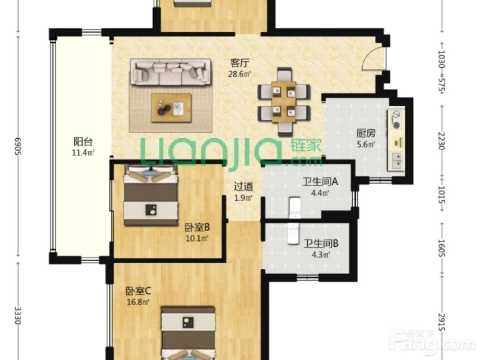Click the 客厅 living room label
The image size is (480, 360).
pyautogui.click(x=240, y=63)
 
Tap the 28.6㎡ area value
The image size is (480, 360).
pyautogui.click(x=240, y=74)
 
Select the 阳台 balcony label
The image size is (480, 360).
pyautogui.click(x=83, y=142)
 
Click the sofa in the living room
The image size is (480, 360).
pyautogui.click(x=170, y=72)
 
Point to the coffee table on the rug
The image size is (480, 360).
pyautogui.click(x=171, y=108)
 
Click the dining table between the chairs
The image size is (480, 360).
pyautogui.click(x=284, y=102)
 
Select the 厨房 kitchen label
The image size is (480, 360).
pyautogui.click(x=366, y=133)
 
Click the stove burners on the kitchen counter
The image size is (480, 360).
pyautogui.click(x=396, y=120)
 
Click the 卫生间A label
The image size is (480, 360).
pyautogui.click(x=320, y=182)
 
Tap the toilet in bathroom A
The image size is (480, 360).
pyautogui.click(x=295, y=207)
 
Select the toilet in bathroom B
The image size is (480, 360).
pyautogui.click(x=293, y=233)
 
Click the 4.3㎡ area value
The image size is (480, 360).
pyautogui.click(x=321, y=254)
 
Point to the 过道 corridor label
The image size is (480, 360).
pyautogui.click(x=243, y=186)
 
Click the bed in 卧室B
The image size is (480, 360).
pyautogui.click(x=151, y=195)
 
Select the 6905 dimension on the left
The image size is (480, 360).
pyautogui.click(x=18, y=146)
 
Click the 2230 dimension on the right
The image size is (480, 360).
pyautogui.click(x=441, y=141)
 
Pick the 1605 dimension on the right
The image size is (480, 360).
pyautogui.click(x=441, y=248)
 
